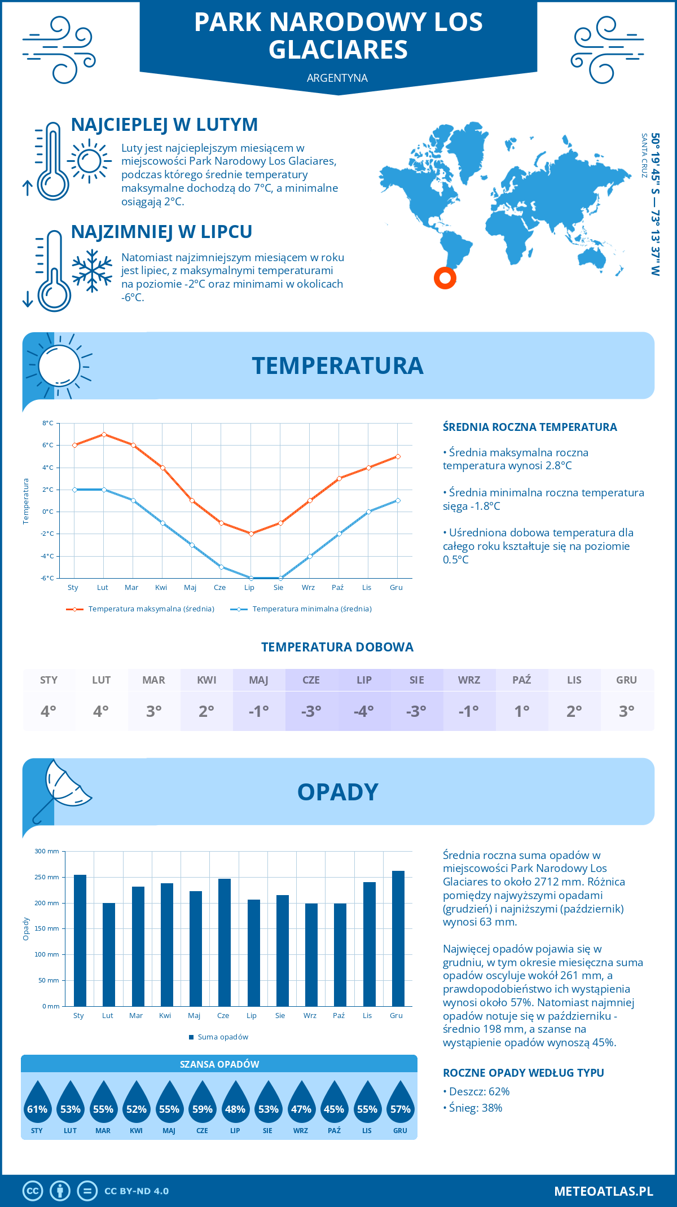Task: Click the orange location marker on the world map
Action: [x=445, y=277]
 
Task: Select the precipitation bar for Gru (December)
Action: [x=398, y=938]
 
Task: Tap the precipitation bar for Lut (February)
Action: [x=108, y=954]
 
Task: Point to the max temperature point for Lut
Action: [x=104, y=434]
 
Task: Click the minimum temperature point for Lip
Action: [x=251, y=578]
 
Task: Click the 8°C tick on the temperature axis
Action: [x=48, y=423]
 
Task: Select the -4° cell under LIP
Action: [x=364, y=711]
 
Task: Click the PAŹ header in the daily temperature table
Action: [x=521, y=680]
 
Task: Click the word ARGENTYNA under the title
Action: [x=337, y=78]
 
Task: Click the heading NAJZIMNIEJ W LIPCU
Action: [x=161, y=232]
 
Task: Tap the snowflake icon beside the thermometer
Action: [x=92, y=271]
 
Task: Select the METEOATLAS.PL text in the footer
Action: [x=603, y=1191]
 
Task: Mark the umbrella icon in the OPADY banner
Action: [x=62, y=788]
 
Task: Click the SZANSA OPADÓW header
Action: [x=219, y=1064]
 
